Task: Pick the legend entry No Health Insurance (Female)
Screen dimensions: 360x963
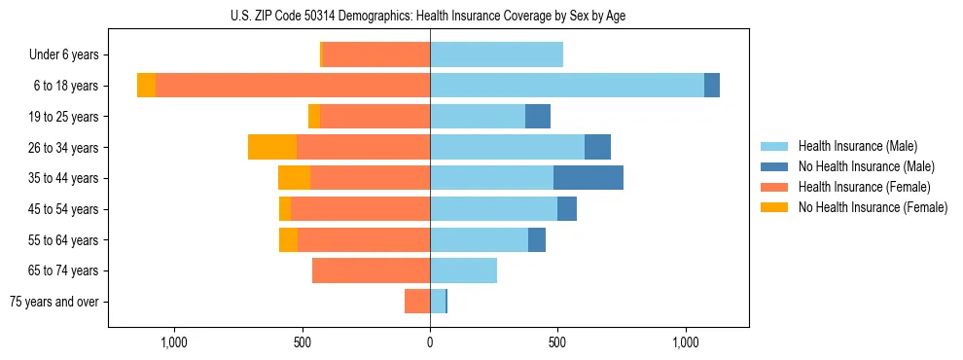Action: tap(872, 207)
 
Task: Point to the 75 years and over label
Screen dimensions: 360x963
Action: tap(54, 302)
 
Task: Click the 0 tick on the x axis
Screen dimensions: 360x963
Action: tap(430, 342)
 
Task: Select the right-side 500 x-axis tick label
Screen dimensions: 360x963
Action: tap(557, 342)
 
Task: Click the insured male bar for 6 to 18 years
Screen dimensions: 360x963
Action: tap(567, 86)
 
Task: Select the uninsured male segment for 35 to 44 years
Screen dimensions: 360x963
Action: tap(588, 178)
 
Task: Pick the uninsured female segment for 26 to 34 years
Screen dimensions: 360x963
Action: tap(272, 147)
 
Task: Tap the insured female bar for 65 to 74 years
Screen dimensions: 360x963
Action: tap(371, 270)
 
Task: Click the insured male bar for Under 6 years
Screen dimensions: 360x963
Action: tap(496, 54)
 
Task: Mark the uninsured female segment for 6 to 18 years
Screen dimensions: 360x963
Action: tap(146, 86)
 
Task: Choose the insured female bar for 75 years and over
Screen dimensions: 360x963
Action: tap(417, 302)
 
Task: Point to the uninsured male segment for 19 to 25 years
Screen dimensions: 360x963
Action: tap(538, 117)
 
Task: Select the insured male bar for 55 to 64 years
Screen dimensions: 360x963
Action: tap(479, 239)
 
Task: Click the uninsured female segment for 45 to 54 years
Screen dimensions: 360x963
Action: tap(285, 209)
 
